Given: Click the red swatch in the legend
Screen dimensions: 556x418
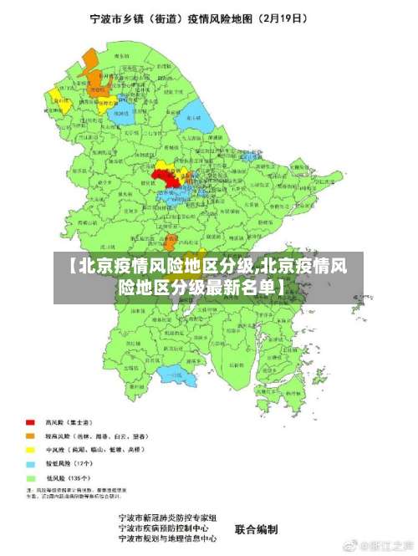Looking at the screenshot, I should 31,422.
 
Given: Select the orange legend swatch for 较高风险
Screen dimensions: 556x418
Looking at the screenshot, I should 31,436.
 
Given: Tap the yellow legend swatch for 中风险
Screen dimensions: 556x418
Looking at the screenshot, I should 31,450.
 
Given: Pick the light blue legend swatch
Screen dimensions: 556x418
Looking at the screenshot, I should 31,463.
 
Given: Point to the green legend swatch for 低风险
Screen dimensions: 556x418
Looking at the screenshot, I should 31,477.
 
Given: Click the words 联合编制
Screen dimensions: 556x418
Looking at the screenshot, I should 256,529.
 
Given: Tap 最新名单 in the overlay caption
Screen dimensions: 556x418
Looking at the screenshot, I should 242,288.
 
